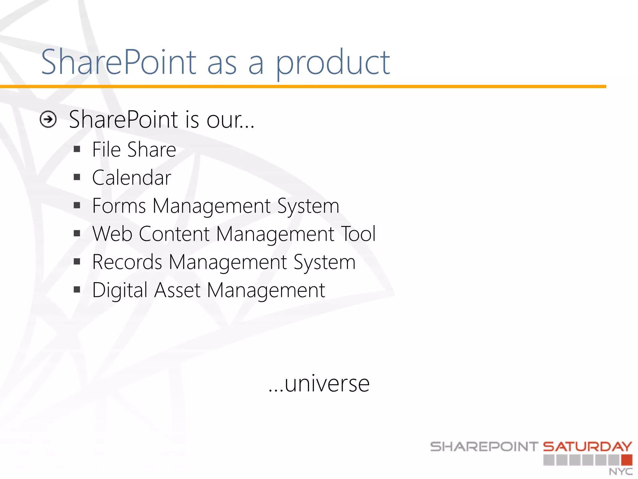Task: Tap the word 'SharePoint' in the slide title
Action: pos(119,62)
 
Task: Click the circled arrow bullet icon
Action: pos(48,119)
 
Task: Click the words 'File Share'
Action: pos(134,150)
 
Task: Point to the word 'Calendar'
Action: pos(131,178)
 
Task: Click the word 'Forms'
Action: pos(119,206)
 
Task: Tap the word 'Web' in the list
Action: pos(112,234)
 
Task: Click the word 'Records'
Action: pos(127,262)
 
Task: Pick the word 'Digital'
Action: pos(120,290)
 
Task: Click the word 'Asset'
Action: pos(177,290)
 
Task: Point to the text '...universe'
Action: pos(319,383)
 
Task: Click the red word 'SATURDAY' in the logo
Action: pos(588,447)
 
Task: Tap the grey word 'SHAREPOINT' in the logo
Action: pos(484,447)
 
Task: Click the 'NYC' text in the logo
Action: pos(621,472)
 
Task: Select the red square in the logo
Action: pos(626,460)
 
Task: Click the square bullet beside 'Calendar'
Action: pos(77,177)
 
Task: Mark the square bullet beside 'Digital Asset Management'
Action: pos(77,290)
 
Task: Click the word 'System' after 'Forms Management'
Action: pos(308,206)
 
